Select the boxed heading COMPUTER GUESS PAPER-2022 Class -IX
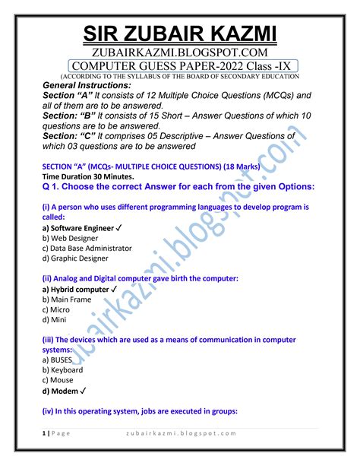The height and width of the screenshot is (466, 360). click(x=179, y=65)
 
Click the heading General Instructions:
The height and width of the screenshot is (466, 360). click(x=87, y=86)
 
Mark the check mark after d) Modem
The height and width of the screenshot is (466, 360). click(x=83, y=391)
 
